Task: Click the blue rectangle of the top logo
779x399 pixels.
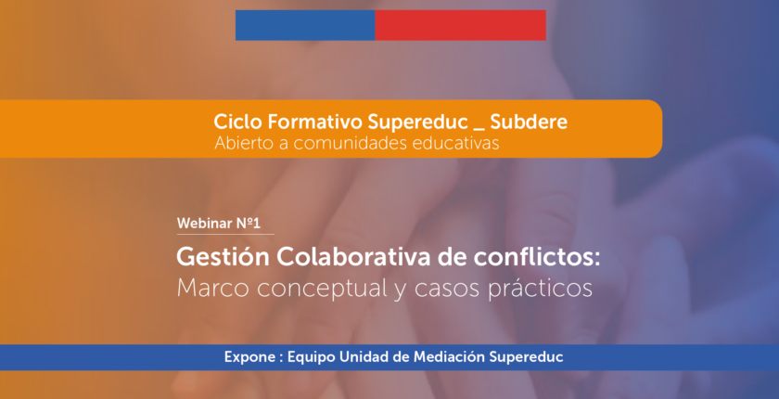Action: click(305, 25)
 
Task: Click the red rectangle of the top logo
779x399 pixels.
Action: click(461, 25)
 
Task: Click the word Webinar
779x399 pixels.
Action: click(202, 224)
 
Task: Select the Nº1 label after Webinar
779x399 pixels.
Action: click(246, 224)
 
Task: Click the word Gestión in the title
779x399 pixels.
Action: click(223, 258)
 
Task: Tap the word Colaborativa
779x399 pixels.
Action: click(351, 258)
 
